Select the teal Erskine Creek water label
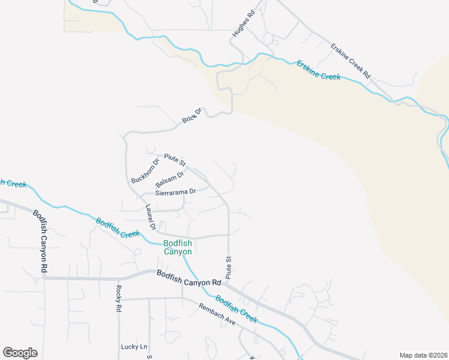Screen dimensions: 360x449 click(x=318, y=70)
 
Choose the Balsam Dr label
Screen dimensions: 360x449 click(x=169, y=179)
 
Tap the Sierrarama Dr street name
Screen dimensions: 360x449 click(x=176, y=192)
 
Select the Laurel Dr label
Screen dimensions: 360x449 click(x=151, y=218)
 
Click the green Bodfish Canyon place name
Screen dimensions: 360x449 click(x=178, y=247)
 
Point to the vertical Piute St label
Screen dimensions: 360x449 click(x=229, y=267)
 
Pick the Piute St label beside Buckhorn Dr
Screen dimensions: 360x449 click(x=175, y=160)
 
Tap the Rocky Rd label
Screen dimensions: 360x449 click(x=118, y=298)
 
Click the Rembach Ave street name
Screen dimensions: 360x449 click(x=217, y=314)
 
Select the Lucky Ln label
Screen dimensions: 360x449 click(x=134, y=347)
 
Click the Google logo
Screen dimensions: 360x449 click(x=20, y=353)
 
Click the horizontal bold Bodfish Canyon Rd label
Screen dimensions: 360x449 click(x=189, y=278)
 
